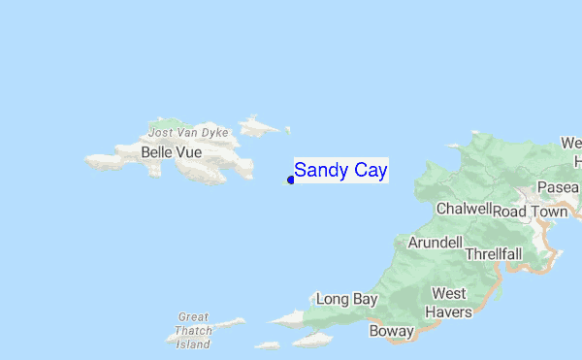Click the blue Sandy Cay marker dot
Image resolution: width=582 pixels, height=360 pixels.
291,180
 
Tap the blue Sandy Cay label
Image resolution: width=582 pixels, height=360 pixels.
340,171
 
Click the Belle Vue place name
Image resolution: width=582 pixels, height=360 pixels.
171,152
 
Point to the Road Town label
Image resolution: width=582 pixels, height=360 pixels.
530,212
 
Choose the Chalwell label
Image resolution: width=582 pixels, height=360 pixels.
465,209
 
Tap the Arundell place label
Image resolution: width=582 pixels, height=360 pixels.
435,242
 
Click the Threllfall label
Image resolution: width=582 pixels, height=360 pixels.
493,253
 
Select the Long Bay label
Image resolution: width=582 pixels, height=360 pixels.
346,300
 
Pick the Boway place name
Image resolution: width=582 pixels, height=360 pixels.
392,331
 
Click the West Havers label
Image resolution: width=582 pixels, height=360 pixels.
451,303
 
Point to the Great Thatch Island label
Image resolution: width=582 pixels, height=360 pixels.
194,330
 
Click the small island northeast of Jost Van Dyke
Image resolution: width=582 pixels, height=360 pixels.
260,125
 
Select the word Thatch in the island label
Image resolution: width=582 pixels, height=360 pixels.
194,330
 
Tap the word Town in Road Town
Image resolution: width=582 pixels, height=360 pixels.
548,212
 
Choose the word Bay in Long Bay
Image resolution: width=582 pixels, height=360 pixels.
365,300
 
